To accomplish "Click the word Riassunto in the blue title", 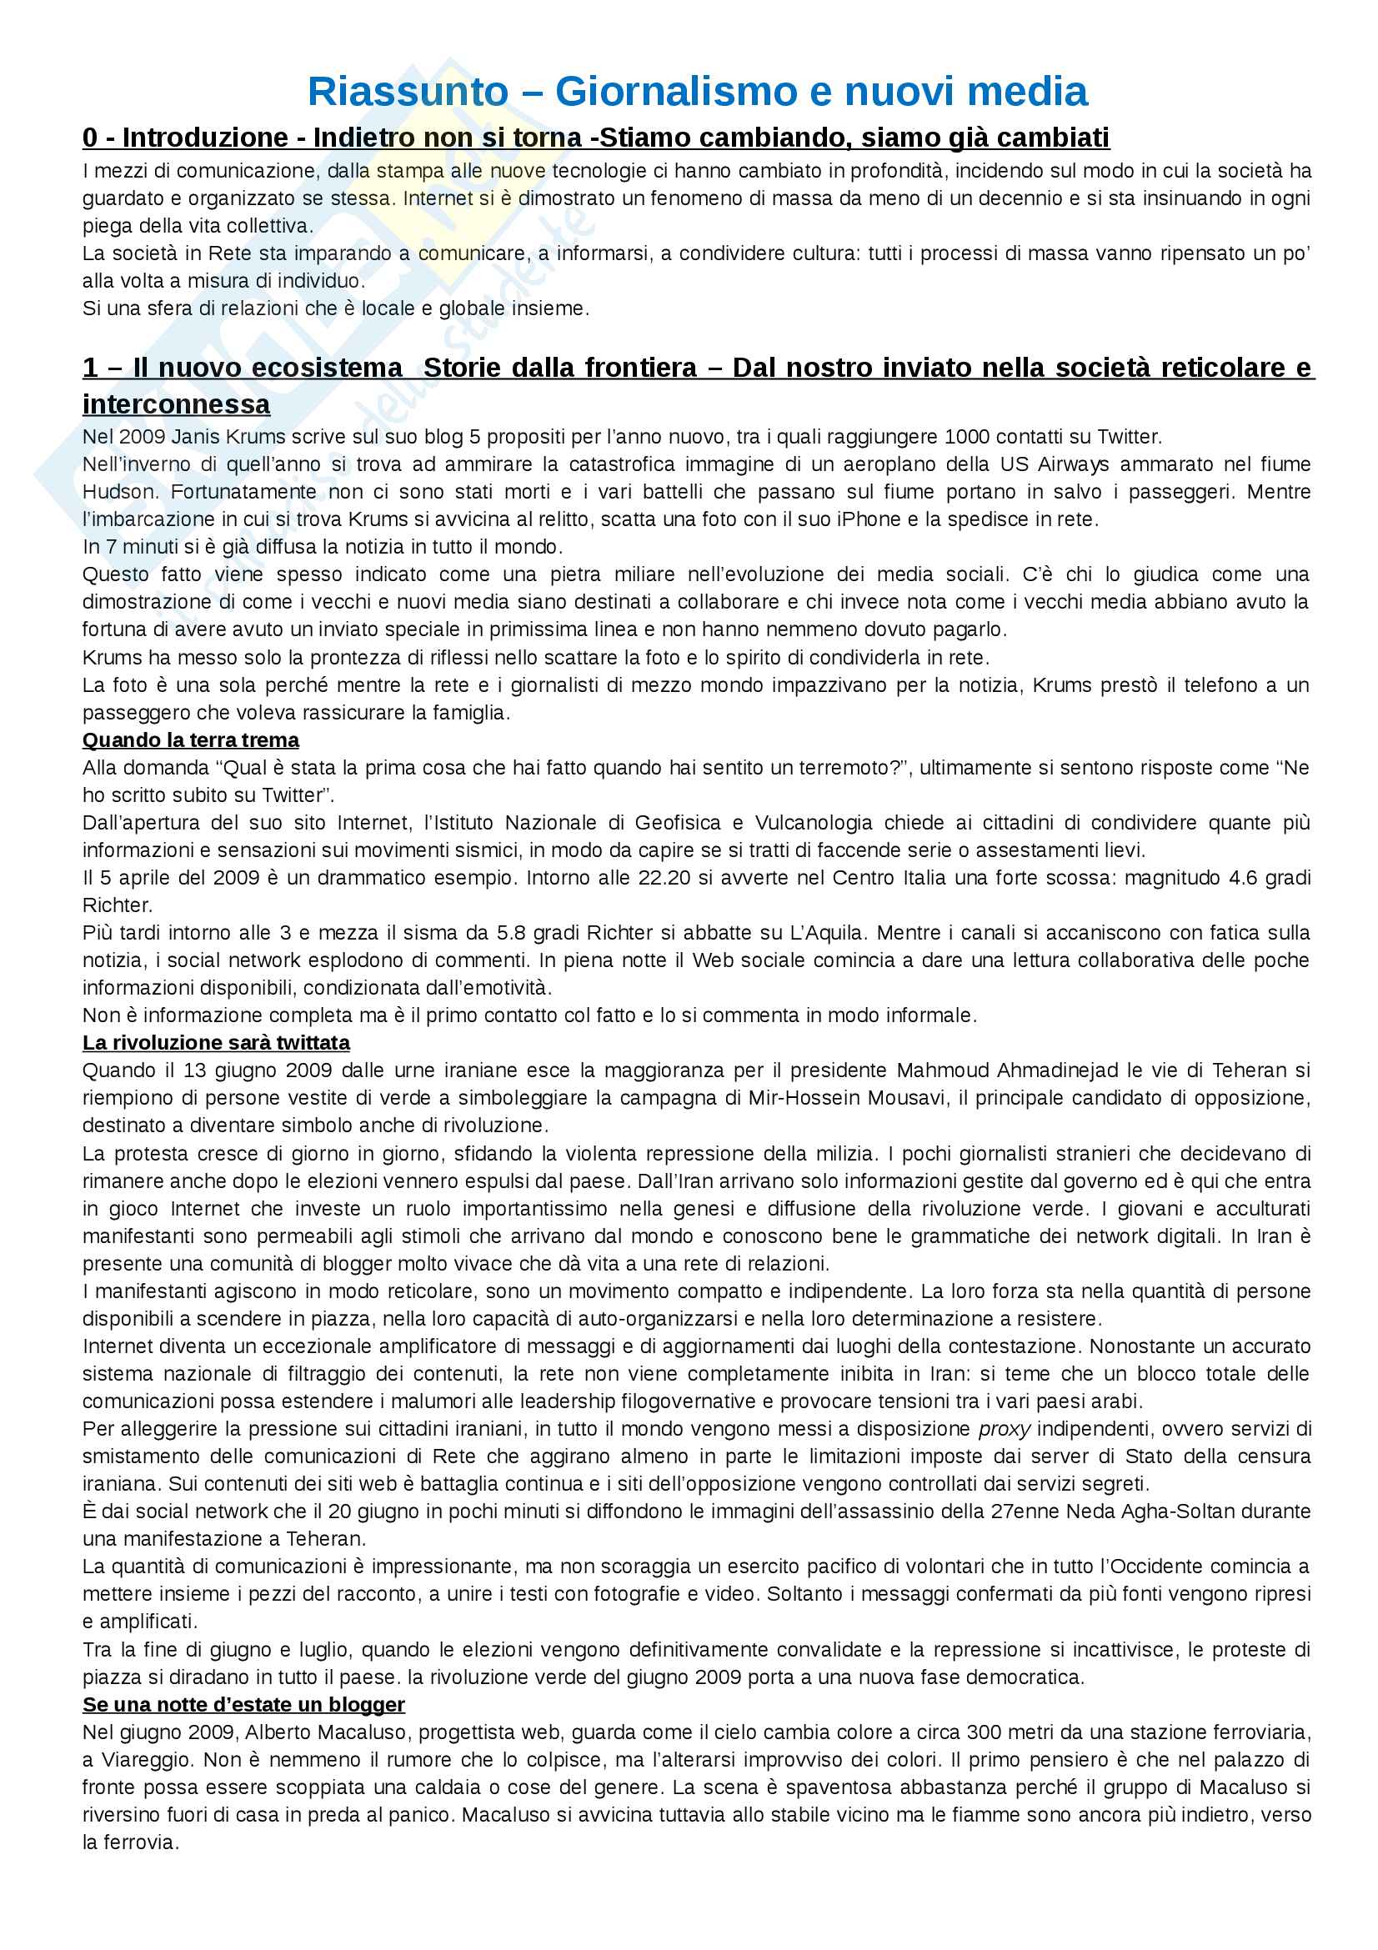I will coord(408,92).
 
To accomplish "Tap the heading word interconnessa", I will coord(176,404).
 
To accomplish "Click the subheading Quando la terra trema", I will coord(190,740).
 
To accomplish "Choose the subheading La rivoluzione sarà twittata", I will coord(216,1043).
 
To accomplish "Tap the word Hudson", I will coord(120,493).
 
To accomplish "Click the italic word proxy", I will coord(1004,1430).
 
